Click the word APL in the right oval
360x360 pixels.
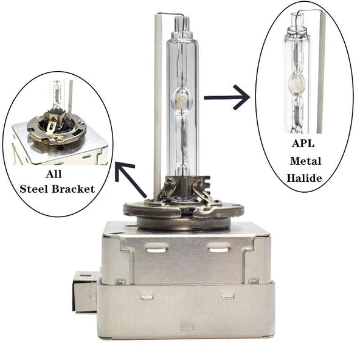point(303,144)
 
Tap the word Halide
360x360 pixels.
point(304,178)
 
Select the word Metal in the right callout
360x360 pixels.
point(305,161)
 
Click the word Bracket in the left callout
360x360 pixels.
point(73,189)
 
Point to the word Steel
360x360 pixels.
point(34,189)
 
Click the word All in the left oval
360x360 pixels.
point(54,174)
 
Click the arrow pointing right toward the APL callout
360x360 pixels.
point(227,97)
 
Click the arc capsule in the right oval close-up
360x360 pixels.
point(297,83)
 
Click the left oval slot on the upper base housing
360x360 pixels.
point(156,248)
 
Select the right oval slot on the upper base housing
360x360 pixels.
point(218,247)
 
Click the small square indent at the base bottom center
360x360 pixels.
point(187,326)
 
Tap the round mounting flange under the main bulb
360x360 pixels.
point(184,211)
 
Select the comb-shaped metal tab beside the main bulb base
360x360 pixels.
point(204,185)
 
